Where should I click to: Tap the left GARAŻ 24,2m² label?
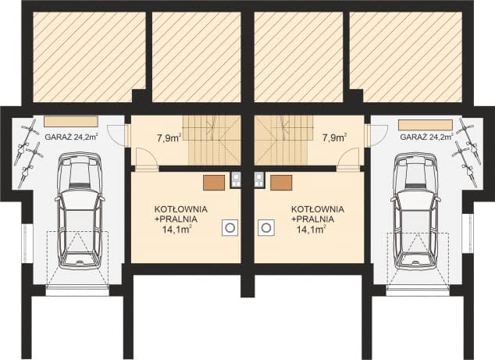tap(71, 137)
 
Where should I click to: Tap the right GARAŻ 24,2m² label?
tap(426, 137)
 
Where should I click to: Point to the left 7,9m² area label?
tap(169, 138)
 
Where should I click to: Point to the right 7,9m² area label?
tap(334, 138)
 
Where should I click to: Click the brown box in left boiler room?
tap(214, 183)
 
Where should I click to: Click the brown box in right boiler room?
tap(281, 183)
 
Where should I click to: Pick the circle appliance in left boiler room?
tap(230, 227)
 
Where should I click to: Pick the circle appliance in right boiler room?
tap(265, 227)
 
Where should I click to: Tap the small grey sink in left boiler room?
tap(236, 180)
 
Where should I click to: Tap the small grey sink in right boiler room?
tap(259, 180)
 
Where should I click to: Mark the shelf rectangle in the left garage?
tap(71, 122)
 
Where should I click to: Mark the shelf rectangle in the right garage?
tap(426, 124)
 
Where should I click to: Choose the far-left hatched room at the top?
tap(89, 57)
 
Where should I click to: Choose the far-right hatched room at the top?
tap(406, 57)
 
